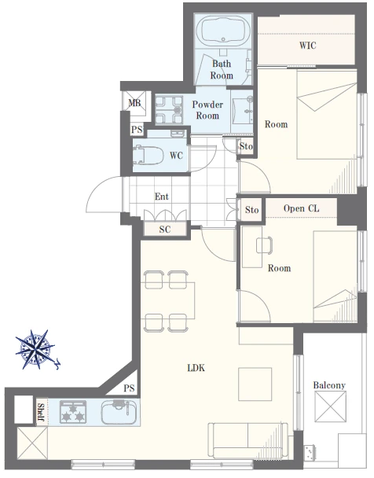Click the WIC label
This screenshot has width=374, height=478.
(x=307, y=46)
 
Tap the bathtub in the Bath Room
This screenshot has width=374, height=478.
(x=223, y=30)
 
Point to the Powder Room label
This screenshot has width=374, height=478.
(x=207, y=110)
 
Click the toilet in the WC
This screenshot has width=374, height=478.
(x=148, y=155)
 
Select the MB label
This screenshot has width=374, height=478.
(x=134, y=103)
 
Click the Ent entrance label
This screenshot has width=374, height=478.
(x=161, y=197)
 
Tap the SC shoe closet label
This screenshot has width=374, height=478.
(x=165, y=230)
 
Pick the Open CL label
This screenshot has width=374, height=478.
(x=301, y=208)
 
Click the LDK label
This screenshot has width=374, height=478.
(x=196, y=368)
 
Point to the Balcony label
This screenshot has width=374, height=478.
(x=329, y=385)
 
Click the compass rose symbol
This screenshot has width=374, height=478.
(x=36, y=349)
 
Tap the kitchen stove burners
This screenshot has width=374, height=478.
(x=73, y=412)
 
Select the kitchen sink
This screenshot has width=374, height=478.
(x=119, y=412)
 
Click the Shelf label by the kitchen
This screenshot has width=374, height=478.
(x=41, y=411)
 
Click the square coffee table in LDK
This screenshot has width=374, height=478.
(x=255, y=384)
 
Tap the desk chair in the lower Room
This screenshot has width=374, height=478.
(x=264, y=245)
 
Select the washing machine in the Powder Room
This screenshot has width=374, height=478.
(x=170, y=109)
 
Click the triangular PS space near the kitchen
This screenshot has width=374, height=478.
(x=125, y=384)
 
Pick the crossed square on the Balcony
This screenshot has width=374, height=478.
(x=330, y=406)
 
